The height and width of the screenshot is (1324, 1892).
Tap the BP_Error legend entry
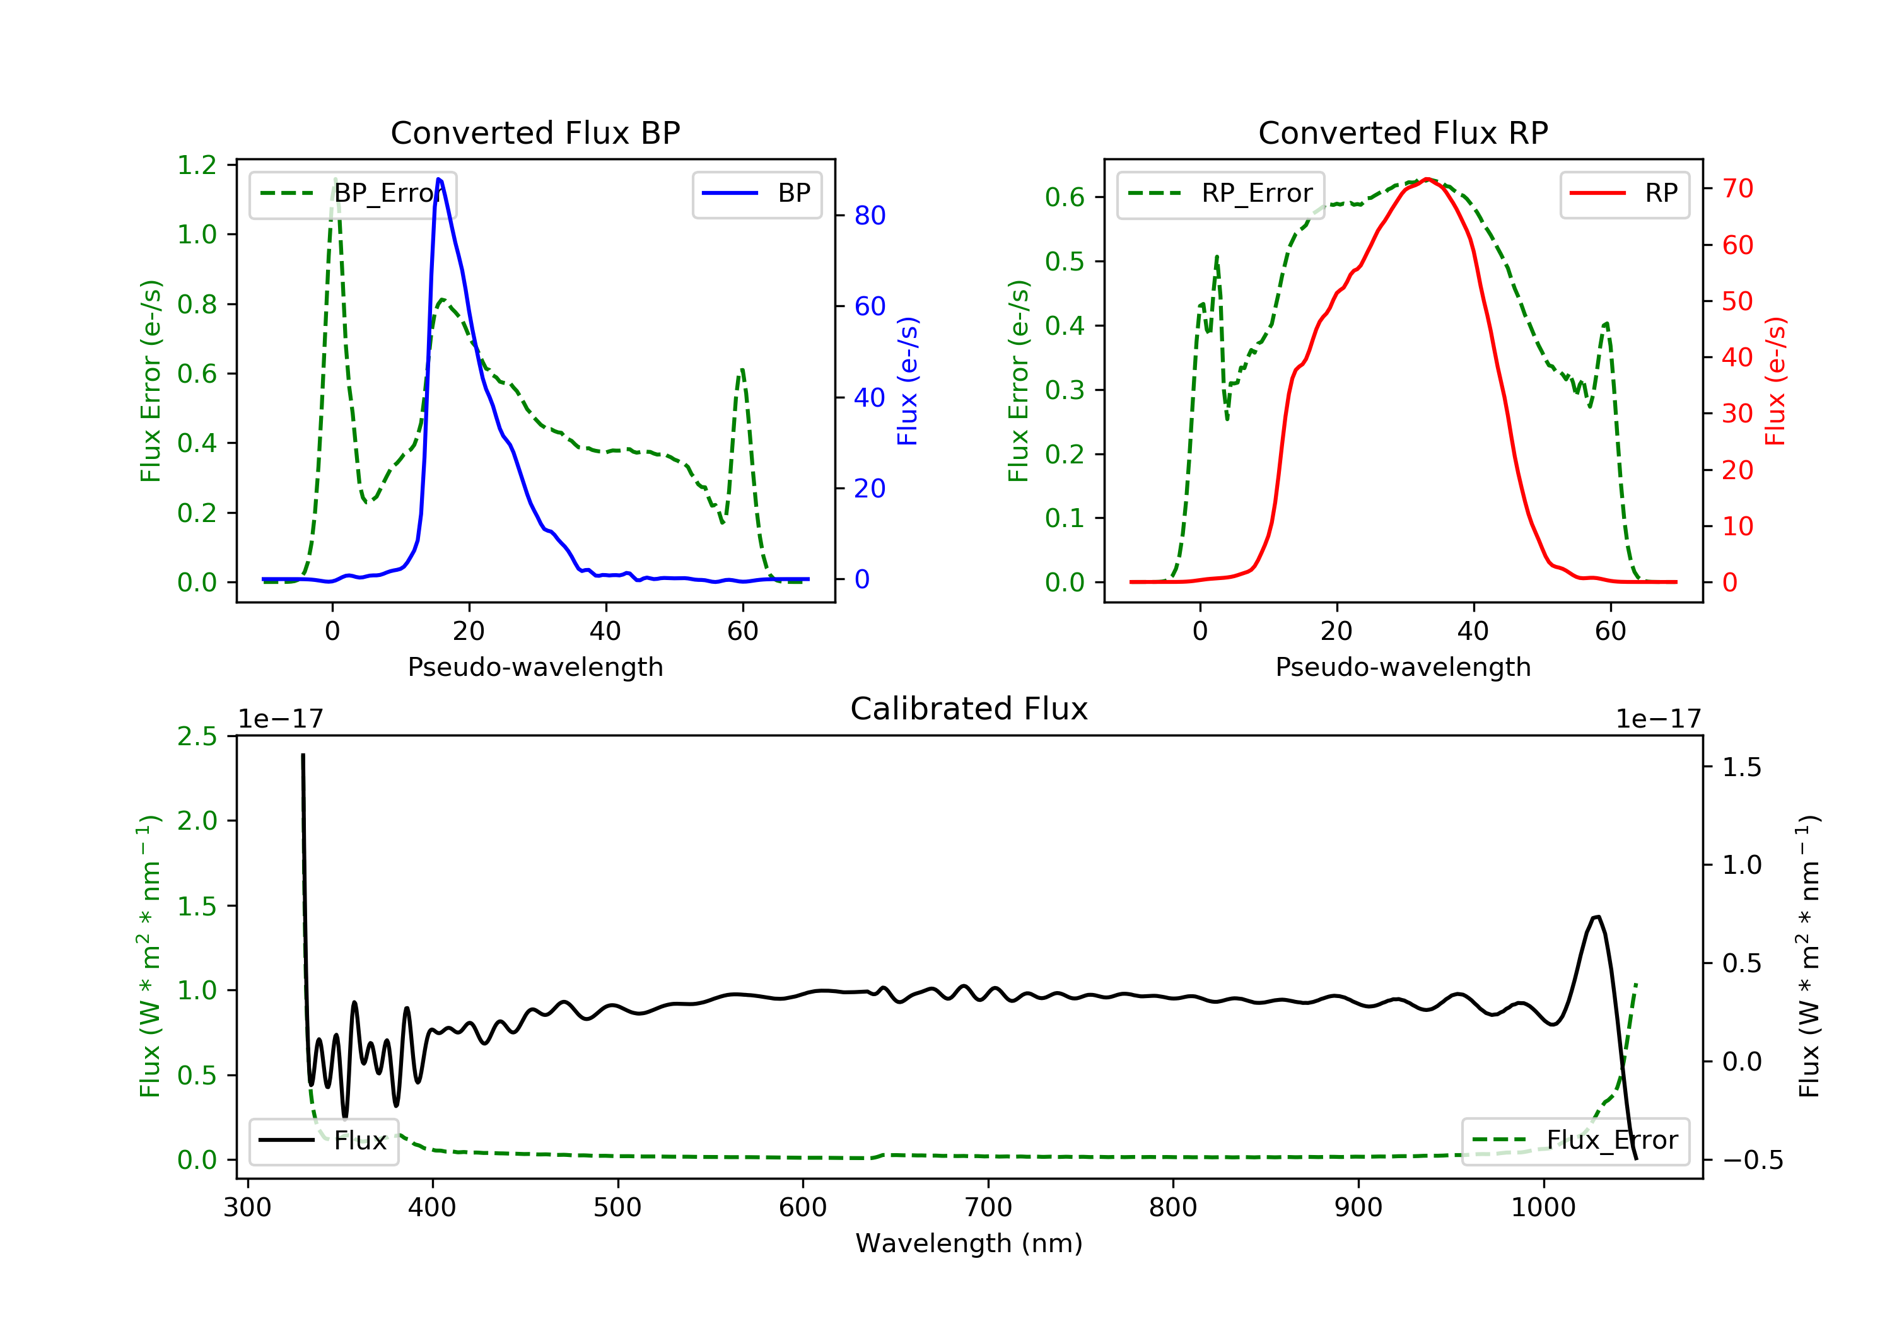(353, 194)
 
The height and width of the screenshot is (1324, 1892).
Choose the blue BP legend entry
(756, 194)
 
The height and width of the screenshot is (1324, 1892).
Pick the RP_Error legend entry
(1220, 194)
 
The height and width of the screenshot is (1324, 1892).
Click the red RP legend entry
(1624, 194)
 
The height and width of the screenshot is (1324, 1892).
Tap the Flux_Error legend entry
(1575, 1141)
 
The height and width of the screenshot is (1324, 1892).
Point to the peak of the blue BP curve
(438, 179)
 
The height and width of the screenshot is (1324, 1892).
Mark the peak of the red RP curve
(1427, 179)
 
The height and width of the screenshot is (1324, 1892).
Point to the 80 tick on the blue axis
(869, 216)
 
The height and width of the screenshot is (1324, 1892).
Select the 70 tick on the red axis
(1737, 189)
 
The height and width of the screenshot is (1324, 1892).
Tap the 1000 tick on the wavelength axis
(1543, 1209)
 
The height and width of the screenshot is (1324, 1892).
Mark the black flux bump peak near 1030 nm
(1597, 917)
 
